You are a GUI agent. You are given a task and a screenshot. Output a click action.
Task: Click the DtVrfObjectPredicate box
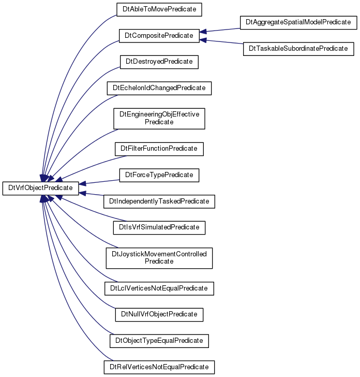tap(40, 189)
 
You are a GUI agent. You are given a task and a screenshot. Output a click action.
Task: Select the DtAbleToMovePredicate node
tap(159, 10)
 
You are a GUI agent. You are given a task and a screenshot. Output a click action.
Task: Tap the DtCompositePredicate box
tap(159, 36)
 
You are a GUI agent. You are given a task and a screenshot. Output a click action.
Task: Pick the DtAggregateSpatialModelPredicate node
tap(298, 23)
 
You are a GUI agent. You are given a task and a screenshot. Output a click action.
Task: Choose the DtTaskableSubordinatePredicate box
tap(298, 49)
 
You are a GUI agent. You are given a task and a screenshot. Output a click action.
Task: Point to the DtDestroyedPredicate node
tap(159, 62)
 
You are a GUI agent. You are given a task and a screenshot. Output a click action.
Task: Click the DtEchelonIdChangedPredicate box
tap(159, 88)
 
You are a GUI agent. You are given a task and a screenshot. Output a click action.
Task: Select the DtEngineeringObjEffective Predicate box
tap(159, 119)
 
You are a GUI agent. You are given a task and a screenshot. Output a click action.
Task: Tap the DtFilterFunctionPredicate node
tap(159, 149)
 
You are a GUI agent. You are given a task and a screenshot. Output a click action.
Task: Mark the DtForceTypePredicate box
tap(159, 175)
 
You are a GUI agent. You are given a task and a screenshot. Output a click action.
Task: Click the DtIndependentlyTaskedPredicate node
tap(159, 201)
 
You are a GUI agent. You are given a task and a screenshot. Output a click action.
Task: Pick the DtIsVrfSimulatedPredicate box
tap(159, 228)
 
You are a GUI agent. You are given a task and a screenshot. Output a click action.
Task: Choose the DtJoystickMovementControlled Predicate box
tap(159, 258)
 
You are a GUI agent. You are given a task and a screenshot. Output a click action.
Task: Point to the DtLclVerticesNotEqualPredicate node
tap(159, 288)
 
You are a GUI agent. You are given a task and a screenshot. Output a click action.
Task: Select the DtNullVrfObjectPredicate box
tap(159, 315)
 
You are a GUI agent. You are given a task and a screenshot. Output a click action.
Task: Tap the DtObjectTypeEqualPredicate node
tap(159, 341)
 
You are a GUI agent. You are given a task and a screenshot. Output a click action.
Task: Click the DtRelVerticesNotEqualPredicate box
tap(159, 367)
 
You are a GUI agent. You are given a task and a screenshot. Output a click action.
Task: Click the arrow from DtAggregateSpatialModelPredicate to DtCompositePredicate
tap(220, 30)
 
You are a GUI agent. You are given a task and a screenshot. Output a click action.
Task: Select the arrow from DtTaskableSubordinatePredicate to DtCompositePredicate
tap(221, 42)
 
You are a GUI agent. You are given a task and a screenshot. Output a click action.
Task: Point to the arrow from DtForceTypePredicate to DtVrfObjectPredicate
tap(99, 182)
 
